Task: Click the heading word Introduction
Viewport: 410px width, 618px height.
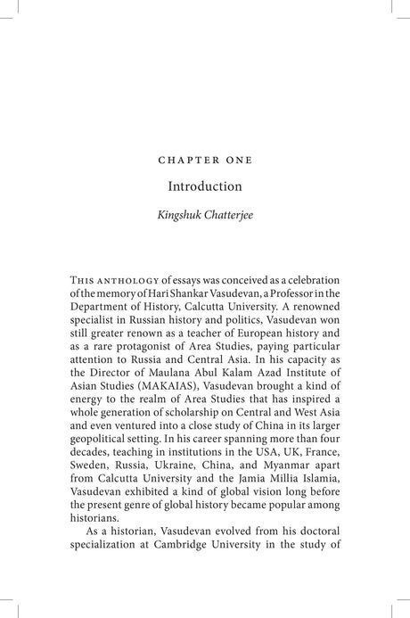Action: [204, 187]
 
